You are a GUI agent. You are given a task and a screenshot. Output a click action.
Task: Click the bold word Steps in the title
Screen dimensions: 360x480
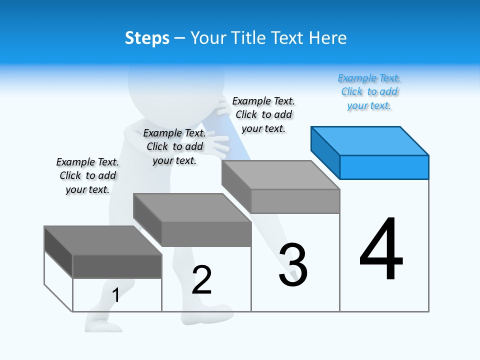tap(147, 38)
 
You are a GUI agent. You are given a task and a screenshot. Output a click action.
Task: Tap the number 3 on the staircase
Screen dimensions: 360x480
tap(293, 265)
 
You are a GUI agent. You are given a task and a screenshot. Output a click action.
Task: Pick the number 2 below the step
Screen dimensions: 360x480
tap(201, 280)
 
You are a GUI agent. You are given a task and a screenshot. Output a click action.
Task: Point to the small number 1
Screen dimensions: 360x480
tap(115, 295)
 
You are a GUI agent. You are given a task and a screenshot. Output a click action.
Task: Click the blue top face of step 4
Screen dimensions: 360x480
tap(370, 140)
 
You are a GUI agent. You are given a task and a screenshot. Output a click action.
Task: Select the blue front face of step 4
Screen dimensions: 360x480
tap(384, 167)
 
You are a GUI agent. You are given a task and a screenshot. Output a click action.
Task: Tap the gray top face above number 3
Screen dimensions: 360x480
tap(280, 175)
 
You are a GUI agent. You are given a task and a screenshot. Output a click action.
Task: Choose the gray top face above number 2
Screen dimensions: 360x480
tap(192, 207)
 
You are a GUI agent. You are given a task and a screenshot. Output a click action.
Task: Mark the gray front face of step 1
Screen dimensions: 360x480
tap(117, 266)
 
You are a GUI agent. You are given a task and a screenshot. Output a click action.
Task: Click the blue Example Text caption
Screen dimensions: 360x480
tap(369, 92)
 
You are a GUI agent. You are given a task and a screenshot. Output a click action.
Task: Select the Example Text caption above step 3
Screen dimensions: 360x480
tap(263, 115)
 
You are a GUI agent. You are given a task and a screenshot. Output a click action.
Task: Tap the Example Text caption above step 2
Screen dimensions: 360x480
tap(174, 146)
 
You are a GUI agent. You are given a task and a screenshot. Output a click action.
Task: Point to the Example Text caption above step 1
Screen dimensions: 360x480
tap(87, 175)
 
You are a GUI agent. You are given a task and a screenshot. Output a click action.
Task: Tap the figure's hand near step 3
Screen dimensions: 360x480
tap(218, 145)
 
